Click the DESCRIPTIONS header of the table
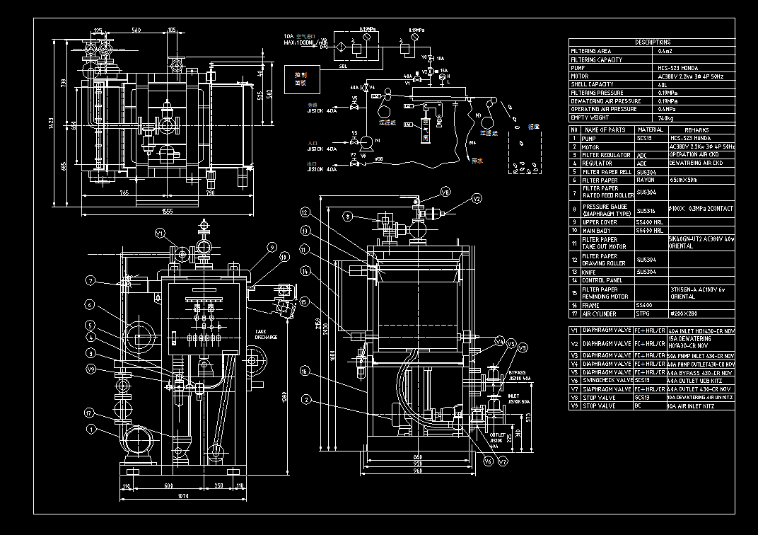(x=653, y=42)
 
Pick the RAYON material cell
(x=646, y=180)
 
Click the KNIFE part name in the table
(x=590, y=272)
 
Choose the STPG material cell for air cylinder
(x=643, y=313)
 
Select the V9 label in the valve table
(x=575, y=406)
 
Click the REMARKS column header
(x=696, y=130)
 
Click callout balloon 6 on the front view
(x=90, y=304)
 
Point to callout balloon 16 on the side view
(x=304, y=370)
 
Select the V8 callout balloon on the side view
(x=445, y=192)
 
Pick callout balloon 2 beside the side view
(x=305, y=399)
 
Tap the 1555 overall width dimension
(x=167, y=211)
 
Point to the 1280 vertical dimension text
(x=284, y=398)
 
